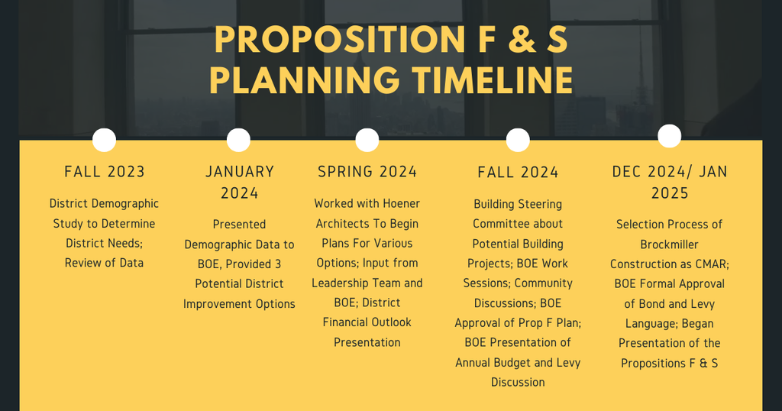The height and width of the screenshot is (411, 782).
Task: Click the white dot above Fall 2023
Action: click(104, 140)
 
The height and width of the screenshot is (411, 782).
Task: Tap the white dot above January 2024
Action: click(238, 140)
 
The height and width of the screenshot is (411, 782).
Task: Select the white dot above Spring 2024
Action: click(367, 140)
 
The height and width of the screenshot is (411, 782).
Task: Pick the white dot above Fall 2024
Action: click(518, 140)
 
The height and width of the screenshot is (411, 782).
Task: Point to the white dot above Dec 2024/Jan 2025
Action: click(669, 136)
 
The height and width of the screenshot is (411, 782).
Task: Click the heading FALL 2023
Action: click(105, 171)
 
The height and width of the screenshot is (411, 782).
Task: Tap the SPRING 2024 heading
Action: click(367, 171)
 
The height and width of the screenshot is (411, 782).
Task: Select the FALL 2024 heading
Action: click(518, 172)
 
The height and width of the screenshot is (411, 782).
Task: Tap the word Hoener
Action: click(399, 203)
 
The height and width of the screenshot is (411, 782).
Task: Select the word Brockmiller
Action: click(670, 244)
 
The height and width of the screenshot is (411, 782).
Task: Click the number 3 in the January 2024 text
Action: click(277, 264)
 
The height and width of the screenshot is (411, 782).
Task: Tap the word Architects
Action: click(346, 223)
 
